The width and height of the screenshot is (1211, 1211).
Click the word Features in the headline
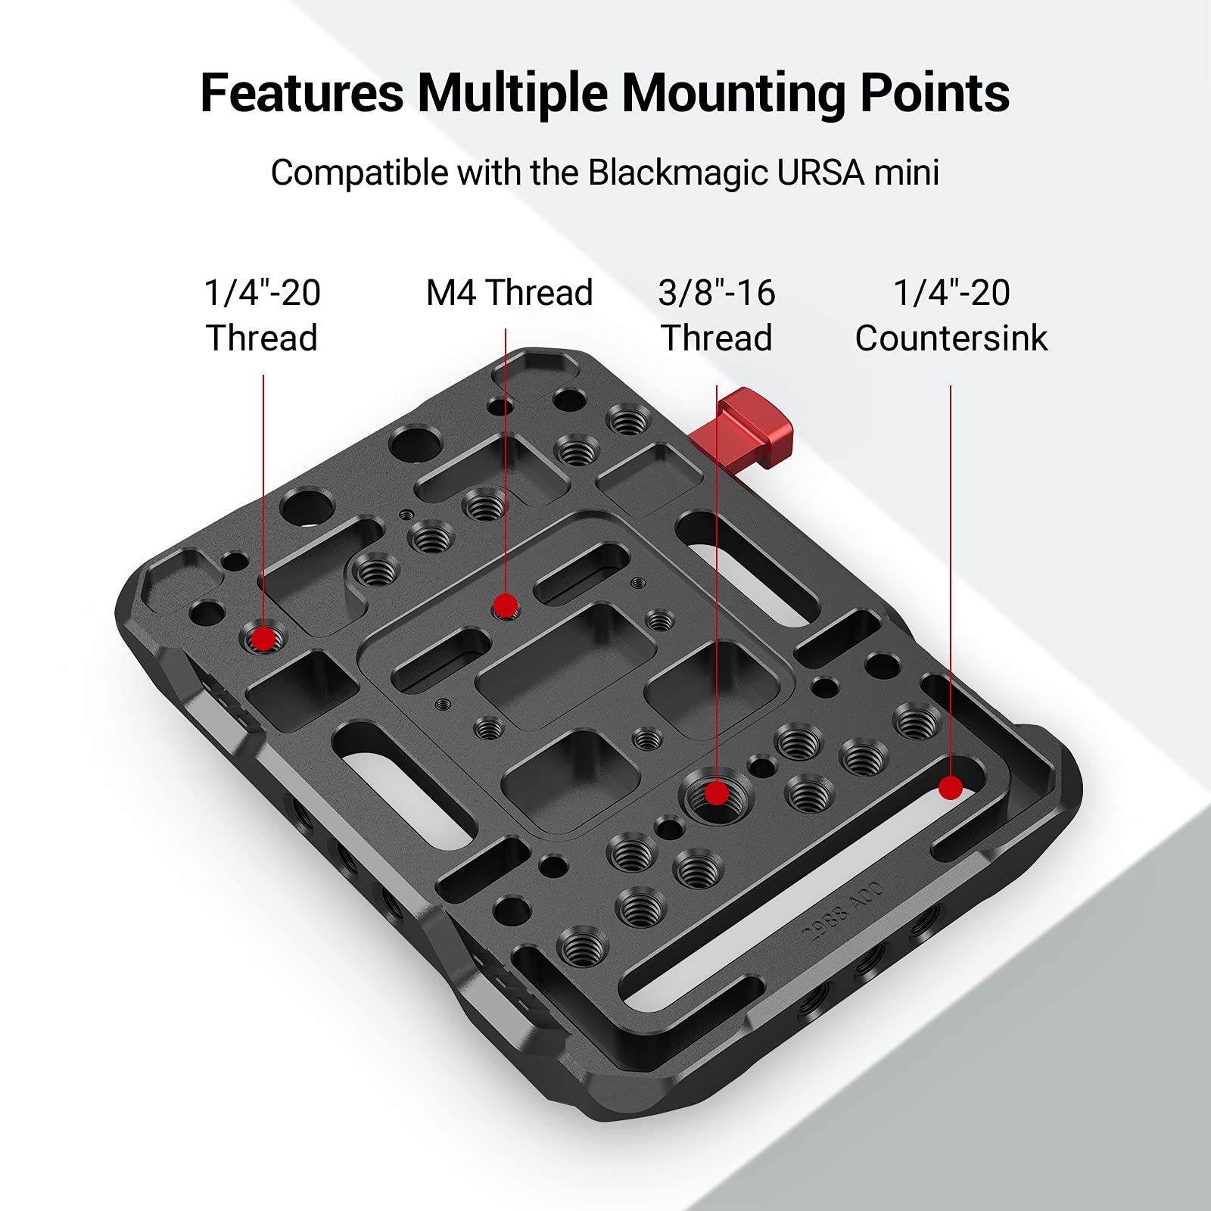click(302, 93)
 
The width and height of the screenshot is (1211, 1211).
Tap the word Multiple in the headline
click(512, 93)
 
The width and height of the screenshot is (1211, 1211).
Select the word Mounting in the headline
click(733, 94)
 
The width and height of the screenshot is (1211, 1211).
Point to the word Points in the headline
click(935, 93)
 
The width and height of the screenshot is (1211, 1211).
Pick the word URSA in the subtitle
click(820, 173)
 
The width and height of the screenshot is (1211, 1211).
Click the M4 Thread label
click(509, 293)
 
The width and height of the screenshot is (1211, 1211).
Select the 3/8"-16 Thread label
click(717, 316)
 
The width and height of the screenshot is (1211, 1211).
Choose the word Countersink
click(951, 338)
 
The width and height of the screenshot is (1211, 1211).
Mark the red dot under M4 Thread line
click(505, 605)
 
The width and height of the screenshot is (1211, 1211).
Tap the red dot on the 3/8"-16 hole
click(716, 793)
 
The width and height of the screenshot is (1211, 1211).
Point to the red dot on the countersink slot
click(951, 788)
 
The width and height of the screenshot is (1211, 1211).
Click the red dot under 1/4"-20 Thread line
click(263, 639)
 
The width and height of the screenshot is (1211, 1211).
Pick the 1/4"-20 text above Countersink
click(951, 293)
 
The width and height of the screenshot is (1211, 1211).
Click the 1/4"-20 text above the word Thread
click(262, 293)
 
